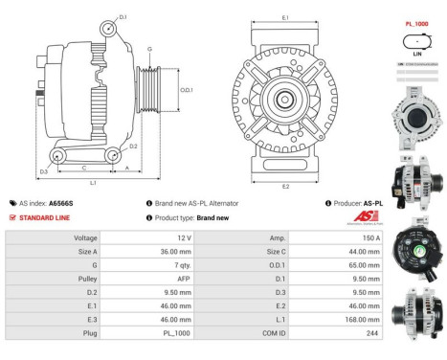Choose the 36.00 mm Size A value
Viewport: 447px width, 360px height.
click(177, 250)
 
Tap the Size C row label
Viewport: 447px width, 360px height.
click(273, 250)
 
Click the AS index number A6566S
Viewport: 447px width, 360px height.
click(61, 204)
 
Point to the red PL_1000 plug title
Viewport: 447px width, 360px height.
click(415, 23)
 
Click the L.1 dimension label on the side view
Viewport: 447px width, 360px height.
click(94, 183)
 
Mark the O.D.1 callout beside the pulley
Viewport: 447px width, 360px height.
click(187, 90)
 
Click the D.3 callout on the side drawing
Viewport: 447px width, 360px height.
click(43, 171)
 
